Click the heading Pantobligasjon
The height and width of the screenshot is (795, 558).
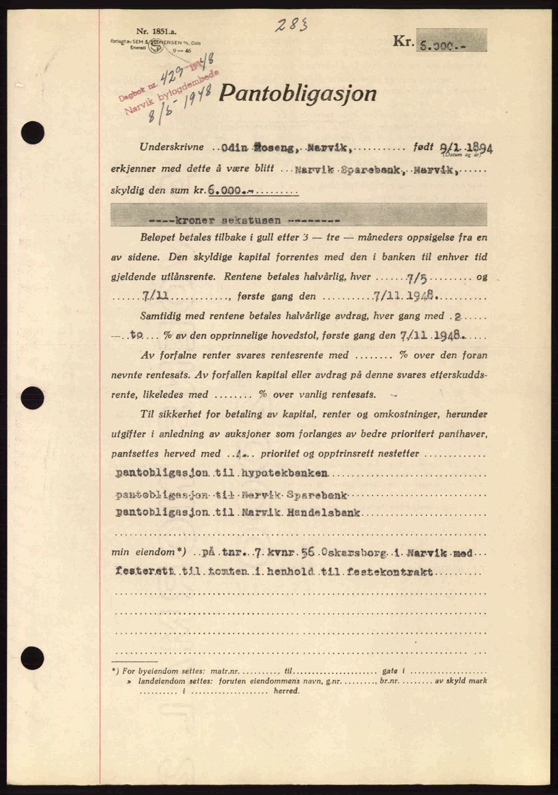pyautogui.click(x=297, y=93)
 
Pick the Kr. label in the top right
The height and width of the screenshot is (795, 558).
pyautogui.click(x=403, y=42)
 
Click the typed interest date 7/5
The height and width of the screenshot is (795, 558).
pyautogui.click(x=417, y=277)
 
